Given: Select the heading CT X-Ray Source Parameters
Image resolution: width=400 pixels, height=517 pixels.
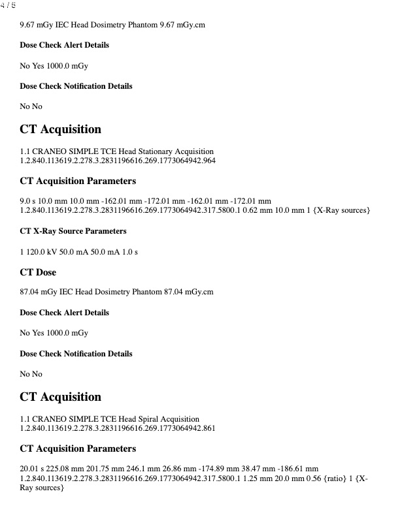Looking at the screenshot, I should coord(73,231).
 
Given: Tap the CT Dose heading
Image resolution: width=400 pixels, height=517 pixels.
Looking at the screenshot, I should coord(38,272).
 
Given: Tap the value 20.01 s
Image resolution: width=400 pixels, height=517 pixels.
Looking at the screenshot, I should coord(33,469).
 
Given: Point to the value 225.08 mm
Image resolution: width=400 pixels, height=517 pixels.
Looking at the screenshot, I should coord(68,469).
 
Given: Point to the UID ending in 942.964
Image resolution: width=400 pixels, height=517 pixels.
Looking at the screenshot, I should coord(118,161).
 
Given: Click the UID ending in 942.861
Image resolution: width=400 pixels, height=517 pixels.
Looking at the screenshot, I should coord(118,428).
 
